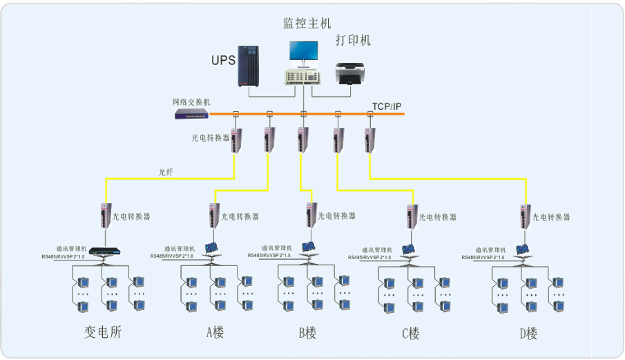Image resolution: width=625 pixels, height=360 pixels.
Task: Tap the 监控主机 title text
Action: pos(307,23)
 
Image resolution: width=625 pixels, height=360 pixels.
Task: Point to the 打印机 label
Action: pos(353,40)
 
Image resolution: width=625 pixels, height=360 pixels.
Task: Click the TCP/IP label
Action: pos(387,106)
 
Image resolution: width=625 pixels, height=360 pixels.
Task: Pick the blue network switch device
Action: pos(191,114)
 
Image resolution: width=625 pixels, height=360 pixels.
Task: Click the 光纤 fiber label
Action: pos(166,172)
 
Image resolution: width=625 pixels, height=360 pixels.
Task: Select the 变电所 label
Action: pos(104,332)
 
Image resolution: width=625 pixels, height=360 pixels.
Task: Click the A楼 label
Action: pos(215,332)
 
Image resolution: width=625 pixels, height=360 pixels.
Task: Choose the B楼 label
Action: pos(307,333)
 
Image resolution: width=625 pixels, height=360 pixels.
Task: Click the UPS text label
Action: pos(223,60)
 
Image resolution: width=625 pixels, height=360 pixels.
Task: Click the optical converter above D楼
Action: pos(525,216)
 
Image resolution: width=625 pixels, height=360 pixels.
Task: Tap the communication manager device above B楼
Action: pos(308,247)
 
